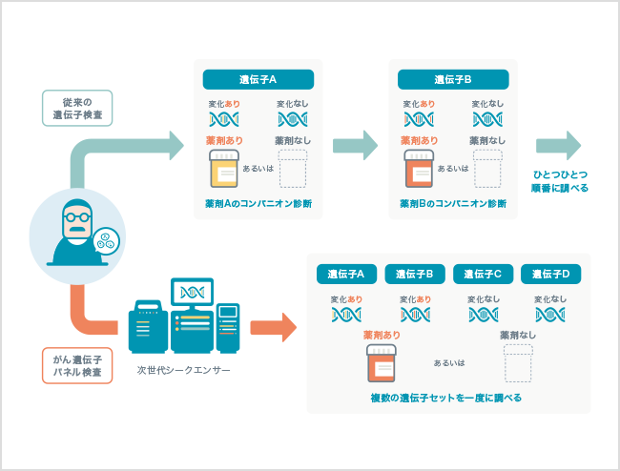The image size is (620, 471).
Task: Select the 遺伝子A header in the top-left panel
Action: coord(258,79)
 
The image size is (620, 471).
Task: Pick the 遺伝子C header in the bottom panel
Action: coord(484,274)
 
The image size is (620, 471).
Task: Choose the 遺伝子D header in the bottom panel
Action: coord(551,274)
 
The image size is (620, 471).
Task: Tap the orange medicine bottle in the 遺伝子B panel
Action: coord(418,168)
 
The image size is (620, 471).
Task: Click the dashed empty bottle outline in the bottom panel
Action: coord(518,363)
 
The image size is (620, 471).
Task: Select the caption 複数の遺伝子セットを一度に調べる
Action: coord(446,397)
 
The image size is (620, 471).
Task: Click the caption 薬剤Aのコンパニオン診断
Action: coord(258,203)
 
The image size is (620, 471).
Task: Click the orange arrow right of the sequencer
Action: coord(274,326)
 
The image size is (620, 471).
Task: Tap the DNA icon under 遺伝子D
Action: coord(550,314)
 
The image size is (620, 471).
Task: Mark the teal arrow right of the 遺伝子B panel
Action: coord(558,145)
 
